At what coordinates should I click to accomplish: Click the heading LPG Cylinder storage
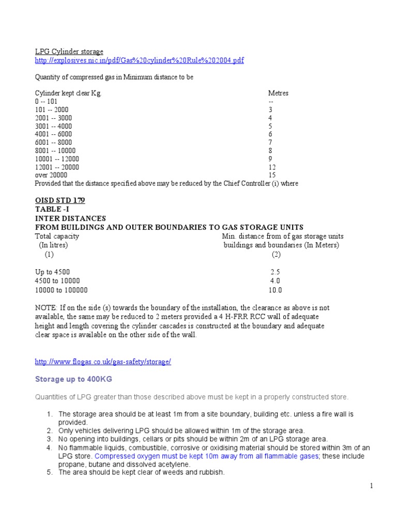(x=69, y=52)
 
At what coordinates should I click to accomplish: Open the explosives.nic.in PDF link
(x=139, y=60)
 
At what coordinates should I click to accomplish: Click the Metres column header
(x=278, y=94)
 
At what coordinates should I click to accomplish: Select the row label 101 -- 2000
(x=51, y=110)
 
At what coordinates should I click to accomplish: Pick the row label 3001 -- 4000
(x=53, y=126)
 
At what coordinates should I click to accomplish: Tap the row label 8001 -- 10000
(x=55, y=151)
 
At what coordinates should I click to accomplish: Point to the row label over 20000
(x=51, y=176)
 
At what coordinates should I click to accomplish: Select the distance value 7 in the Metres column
(x=270, y=143)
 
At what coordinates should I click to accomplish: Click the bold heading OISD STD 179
(x=59, y=200)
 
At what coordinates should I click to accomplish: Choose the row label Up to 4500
(x=52, y=272)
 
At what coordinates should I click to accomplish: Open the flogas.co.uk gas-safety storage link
(x=102, y=362)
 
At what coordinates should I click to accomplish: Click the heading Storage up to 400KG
(x=73, y=379)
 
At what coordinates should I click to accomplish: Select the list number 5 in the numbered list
(x=50, y=472)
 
